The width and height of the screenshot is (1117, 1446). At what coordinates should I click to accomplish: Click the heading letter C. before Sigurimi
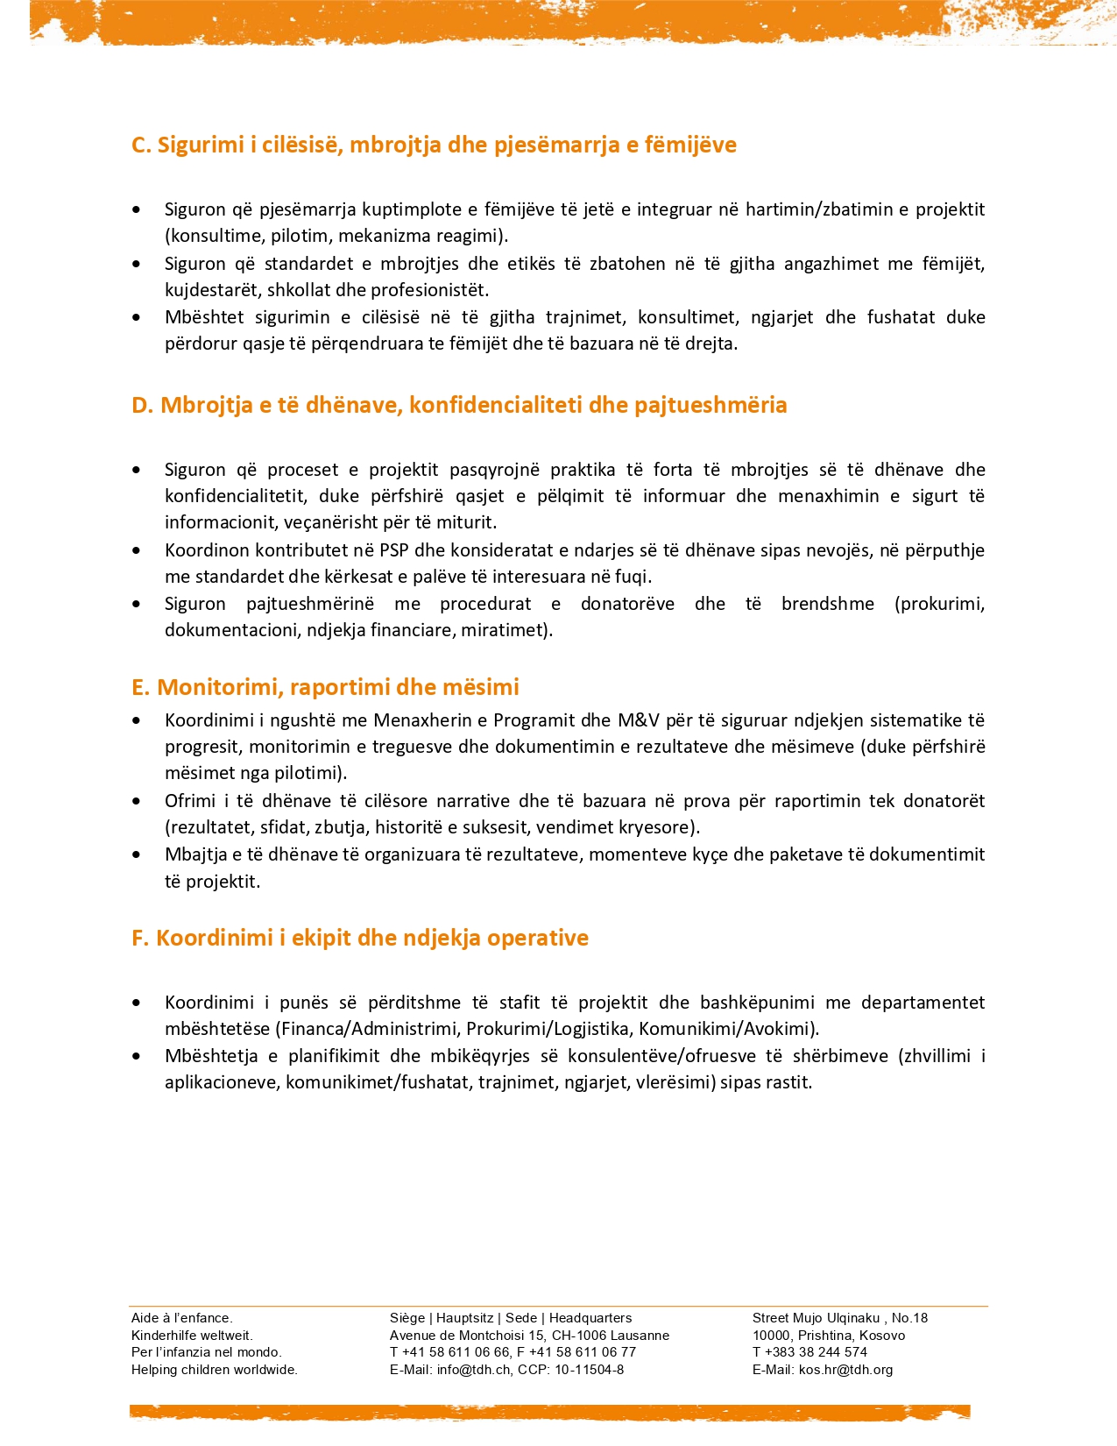pos(141,145)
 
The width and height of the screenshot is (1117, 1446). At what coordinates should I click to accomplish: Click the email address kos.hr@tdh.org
pos(845,1370)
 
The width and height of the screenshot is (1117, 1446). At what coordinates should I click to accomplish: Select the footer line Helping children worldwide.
pos(215,1370)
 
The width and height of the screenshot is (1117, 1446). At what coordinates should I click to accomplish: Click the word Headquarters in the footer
pos(590,1318)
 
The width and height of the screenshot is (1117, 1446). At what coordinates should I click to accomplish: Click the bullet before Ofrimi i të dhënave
pos(137,801)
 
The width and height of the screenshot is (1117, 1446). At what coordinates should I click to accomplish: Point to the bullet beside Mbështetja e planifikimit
pos(137,1056)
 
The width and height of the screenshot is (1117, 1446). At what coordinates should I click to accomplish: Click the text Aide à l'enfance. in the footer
pos(182,1318)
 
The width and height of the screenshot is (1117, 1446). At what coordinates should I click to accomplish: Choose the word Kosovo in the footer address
pos(882,1336)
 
